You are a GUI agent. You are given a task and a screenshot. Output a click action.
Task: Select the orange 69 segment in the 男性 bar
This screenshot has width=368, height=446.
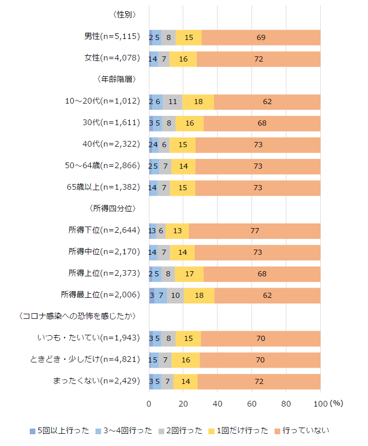(261, 37)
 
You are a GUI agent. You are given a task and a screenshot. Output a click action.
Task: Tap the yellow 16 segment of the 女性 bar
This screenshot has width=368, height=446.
(183, 58)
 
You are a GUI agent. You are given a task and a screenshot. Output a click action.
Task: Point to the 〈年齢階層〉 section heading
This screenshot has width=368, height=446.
(115, 79)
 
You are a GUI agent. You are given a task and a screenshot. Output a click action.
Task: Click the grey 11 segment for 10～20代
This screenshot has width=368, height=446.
(172, 102)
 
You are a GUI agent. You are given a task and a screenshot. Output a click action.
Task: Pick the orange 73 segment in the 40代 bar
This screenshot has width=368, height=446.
(258, 145)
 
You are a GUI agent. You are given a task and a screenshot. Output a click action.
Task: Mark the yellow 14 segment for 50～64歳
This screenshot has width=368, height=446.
(183, 166)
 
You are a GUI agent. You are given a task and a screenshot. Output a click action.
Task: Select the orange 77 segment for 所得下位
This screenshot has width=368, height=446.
(255, 231)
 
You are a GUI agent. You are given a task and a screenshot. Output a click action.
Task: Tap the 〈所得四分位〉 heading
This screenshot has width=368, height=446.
(111, 209)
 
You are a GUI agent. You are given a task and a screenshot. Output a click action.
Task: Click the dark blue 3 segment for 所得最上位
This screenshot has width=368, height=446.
(152, 295)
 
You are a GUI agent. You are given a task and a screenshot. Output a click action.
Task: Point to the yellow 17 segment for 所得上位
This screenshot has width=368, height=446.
(189, 274)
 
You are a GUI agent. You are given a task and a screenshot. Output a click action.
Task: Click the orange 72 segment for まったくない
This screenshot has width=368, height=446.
(259, 381)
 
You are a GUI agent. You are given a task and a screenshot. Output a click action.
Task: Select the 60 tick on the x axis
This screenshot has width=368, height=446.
(252, 403)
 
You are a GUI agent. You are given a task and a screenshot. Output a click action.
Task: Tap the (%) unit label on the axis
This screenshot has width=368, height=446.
(336, 403)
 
